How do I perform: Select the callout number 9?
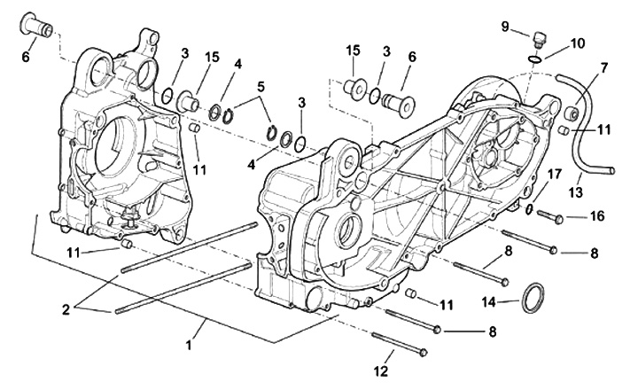(x=505, y=27)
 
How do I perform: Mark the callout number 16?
(x=595, y=216)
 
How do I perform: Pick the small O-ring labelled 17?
(x=529, y=210)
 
